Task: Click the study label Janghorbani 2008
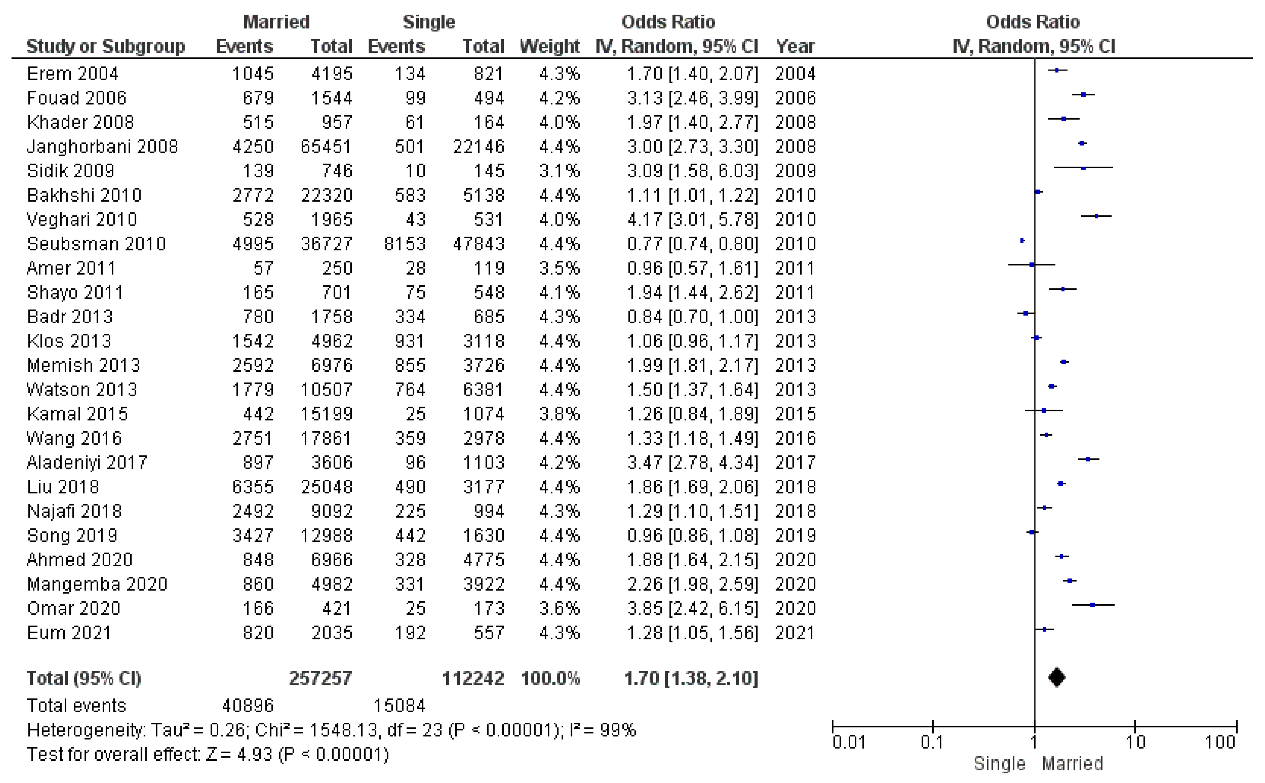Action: tap(102, 147)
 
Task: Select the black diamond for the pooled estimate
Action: tap(1056, 677)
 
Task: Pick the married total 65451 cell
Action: tap(326, 147)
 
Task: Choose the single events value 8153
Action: tap(405, 244)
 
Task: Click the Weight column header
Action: tap(549, 46)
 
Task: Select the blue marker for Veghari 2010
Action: tap(1096, 216)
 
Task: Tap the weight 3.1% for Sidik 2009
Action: tap(559, 171)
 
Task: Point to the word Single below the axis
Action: tap(999, 764)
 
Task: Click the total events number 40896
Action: tap(247, 706)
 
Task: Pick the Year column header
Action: tap(795, 46)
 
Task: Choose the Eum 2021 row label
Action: tap(69, 633)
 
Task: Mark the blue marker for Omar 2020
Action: tap(1092, 605)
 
